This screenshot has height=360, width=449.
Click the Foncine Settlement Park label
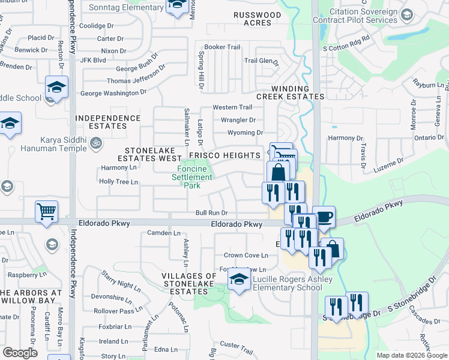pyautogui.click(x=192, y=177)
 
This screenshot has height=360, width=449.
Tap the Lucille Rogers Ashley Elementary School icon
pyautogui.click(x=239, y=279)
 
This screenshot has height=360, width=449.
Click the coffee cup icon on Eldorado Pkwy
pyautogui.click(x=324, y=217)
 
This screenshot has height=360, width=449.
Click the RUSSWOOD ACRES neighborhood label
pyautogui.click(x=258, y=19)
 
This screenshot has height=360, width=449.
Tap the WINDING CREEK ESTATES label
pyautogui.click(x=290, y=92)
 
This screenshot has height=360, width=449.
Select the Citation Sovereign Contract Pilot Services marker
pyautogui.click(x=406, y=14)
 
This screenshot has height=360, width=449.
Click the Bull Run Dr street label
pyautogui.click(x=211, y=213)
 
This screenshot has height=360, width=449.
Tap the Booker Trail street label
pyautogui.click(x=222, y=47)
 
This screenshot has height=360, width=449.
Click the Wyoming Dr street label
pyautogui.click(x=246, y=133)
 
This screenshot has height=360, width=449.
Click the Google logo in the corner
pyautogui.click(x=20, y=352)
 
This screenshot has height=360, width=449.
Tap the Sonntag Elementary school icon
pyautogui.click(x=176, y=6)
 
